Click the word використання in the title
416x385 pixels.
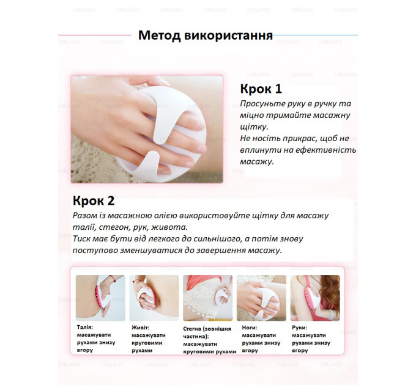[228, 35]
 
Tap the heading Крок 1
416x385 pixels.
[261, 89]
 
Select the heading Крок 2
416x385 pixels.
[94, 200]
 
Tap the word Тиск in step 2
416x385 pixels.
[82, 238]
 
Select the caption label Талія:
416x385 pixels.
[85, 327]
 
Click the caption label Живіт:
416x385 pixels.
[140, 328]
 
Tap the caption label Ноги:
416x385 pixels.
[250, 328]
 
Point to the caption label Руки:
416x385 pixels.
[300, 328]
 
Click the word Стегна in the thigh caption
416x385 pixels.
[192, 329]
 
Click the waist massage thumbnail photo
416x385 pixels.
[100, 298]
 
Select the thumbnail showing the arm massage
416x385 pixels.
[315, 298]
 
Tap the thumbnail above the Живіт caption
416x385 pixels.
[154, 298]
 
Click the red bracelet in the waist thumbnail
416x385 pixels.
[112, 279]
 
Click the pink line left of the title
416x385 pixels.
[94, 35]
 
